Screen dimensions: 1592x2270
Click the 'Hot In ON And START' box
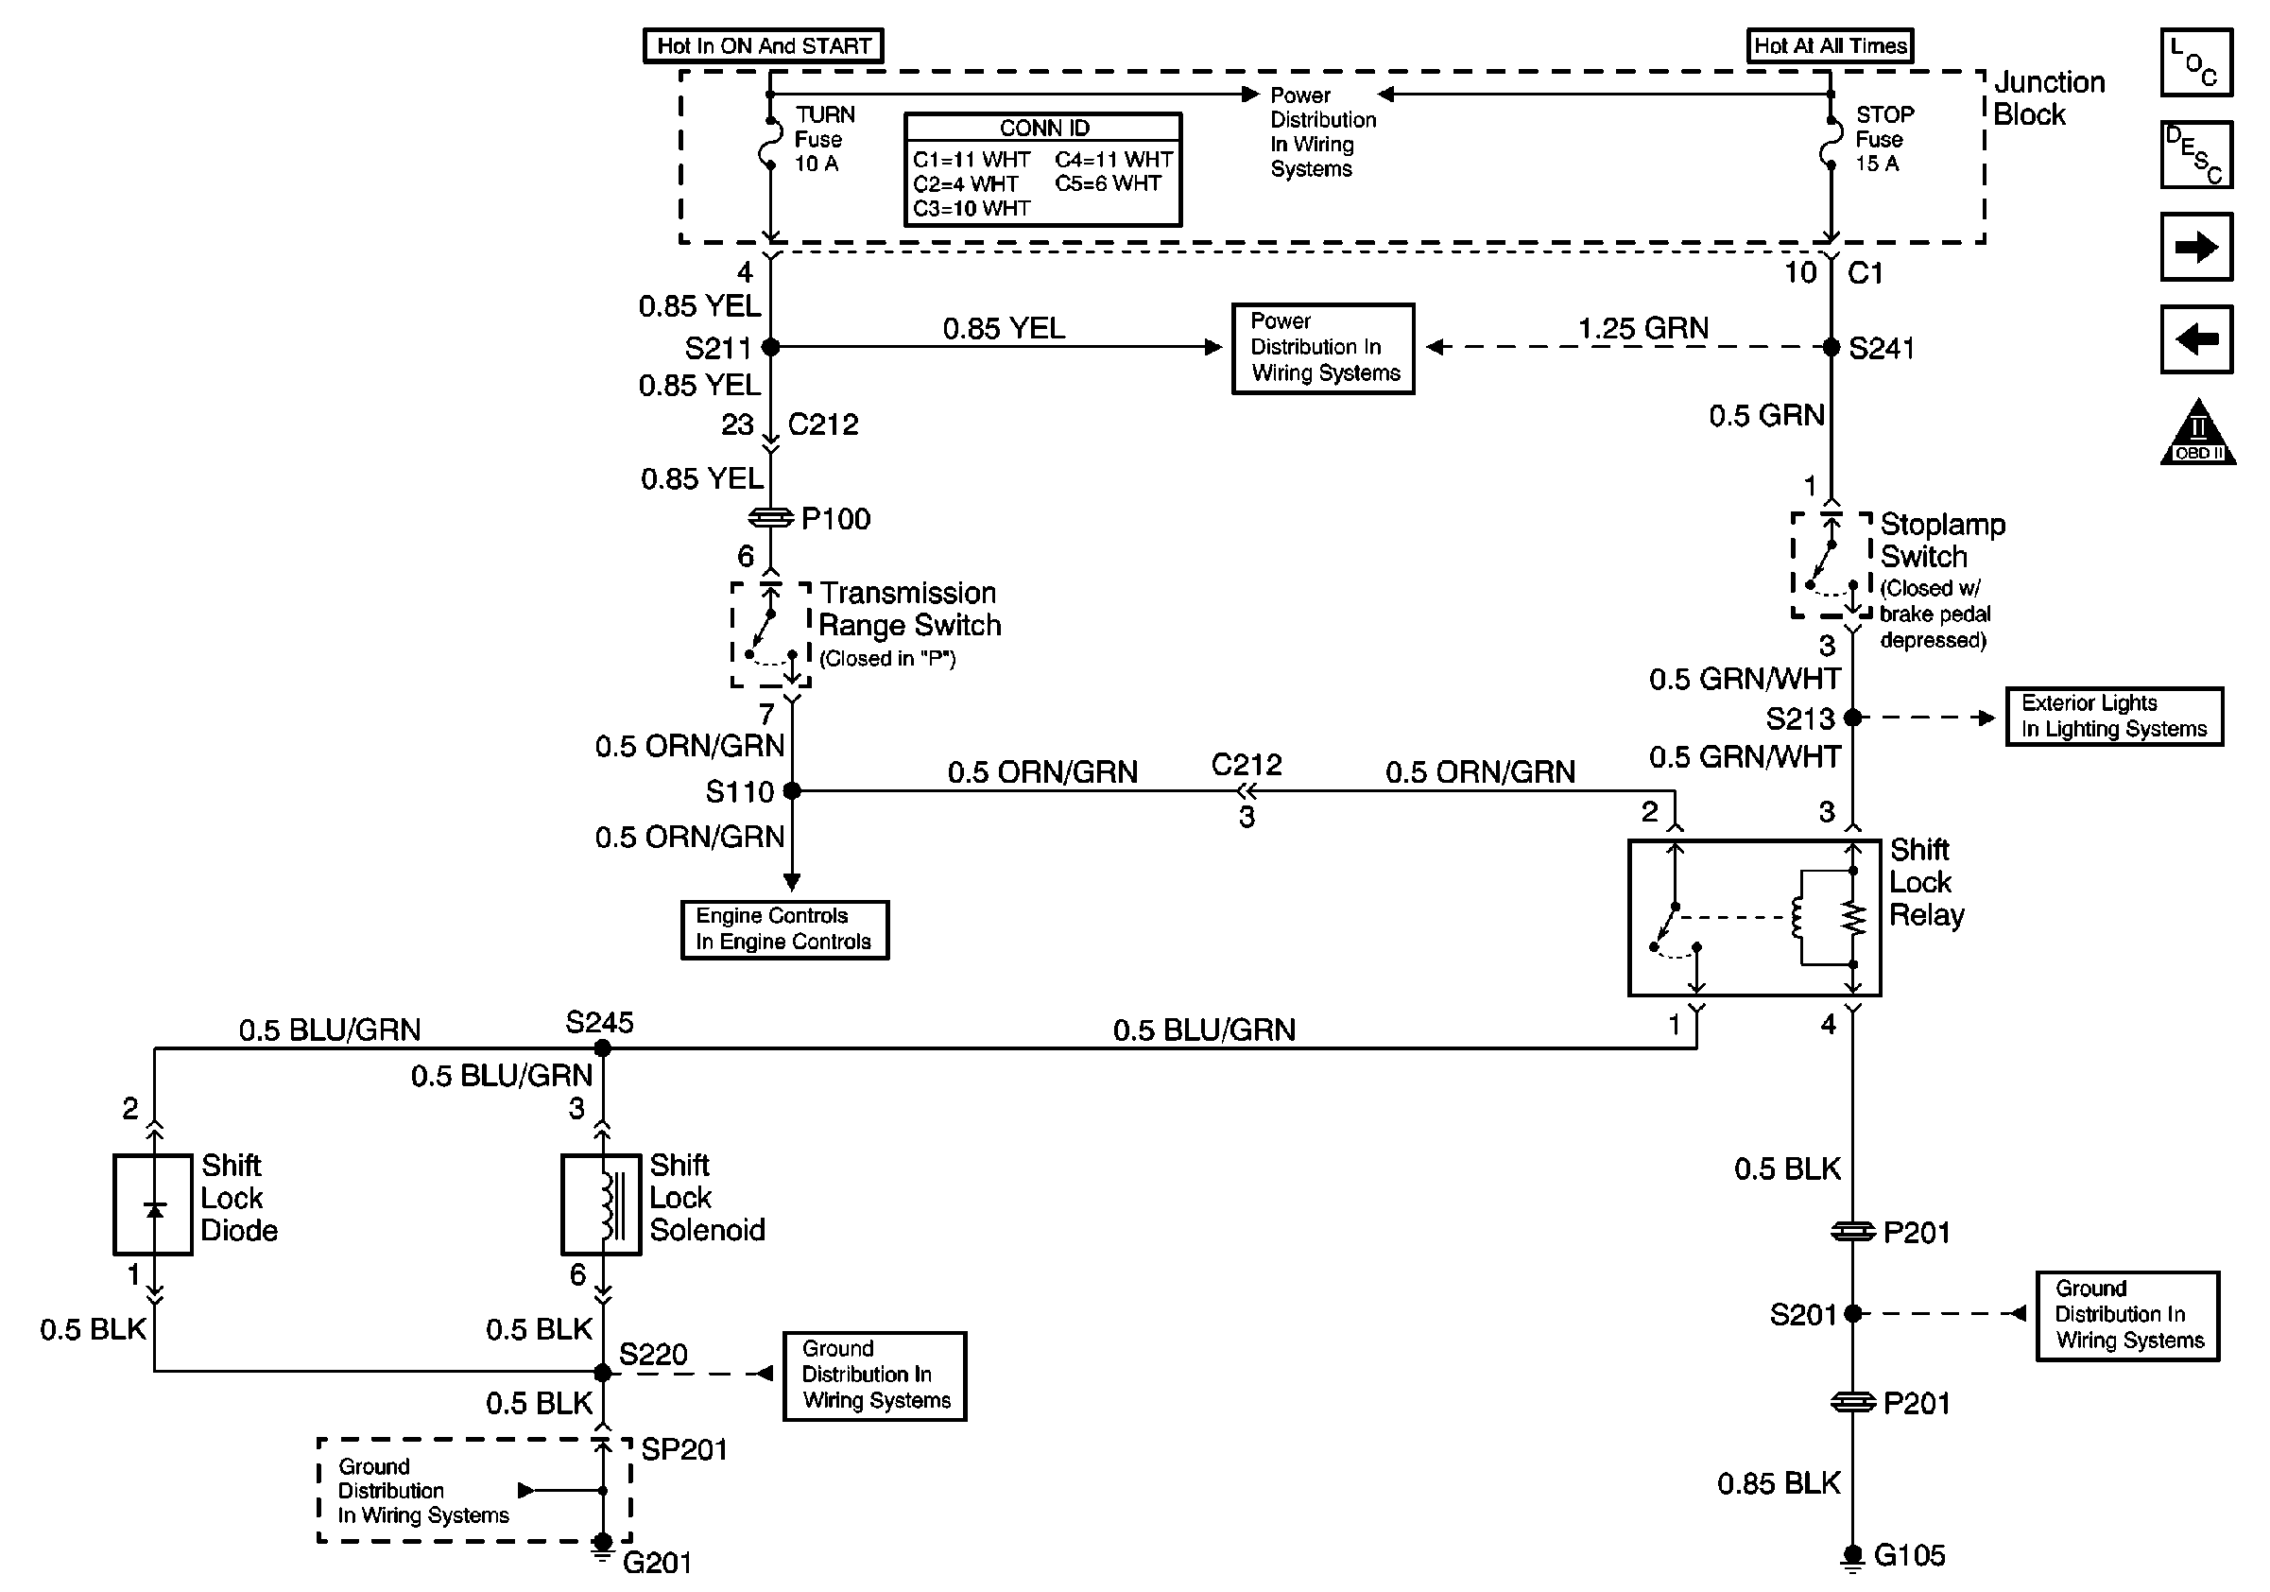[x=764, y=45]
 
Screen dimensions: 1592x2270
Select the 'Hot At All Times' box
[x=1829, y=45]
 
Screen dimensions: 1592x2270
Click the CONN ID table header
[x=1043, y=129]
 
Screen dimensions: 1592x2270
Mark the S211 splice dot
[x=771, y=347]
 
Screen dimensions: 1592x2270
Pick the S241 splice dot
[x=1831, y=347]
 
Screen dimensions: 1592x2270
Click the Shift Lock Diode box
[x=153, y=1204]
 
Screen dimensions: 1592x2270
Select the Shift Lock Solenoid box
[x=601, y=1204]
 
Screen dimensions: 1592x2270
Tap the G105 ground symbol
[x=1853, y=1557]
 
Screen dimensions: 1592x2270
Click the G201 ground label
[x=658, y=1564]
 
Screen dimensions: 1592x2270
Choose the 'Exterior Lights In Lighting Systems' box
[x=2114, y=717]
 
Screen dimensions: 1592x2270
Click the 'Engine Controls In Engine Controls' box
[x=784, y=929]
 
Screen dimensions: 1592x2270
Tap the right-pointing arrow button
[x=2196, y=247]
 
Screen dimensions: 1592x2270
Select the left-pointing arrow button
[x=2196, y=339]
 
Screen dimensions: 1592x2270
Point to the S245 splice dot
[x=602, y=1048]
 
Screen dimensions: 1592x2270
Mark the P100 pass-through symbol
[x=771, y=518]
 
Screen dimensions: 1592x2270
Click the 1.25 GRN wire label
[x=1643, y=328]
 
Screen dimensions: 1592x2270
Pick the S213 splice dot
[x=1853, y=718]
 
